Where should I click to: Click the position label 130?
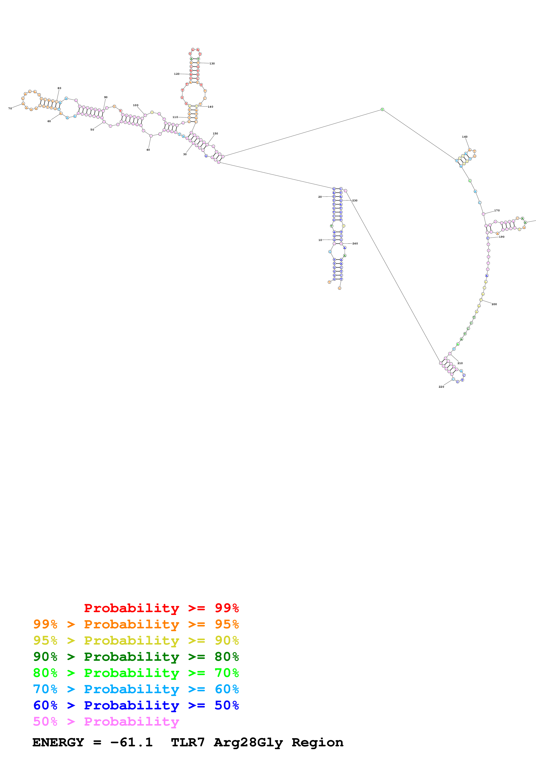pos(212,63)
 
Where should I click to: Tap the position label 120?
pos(177,74)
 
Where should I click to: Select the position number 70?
pos(10,108)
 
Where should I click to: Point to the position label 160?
pos(465,137)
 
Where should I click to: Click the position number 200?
pos(494,304)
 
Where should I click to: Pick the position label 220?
pos(441,387)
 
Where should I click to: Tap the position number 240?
pos(355,243)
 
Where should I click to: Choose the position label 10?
pos(320,240)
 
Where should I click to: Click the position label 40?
pos(148,150)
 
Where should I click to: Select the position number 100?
pos(135,105)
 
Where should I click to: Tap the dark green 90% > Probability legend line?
pos(136,657)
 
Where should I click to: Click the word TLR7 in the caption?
pos(188,742)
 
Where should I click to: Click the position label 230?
pos(355,200)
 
